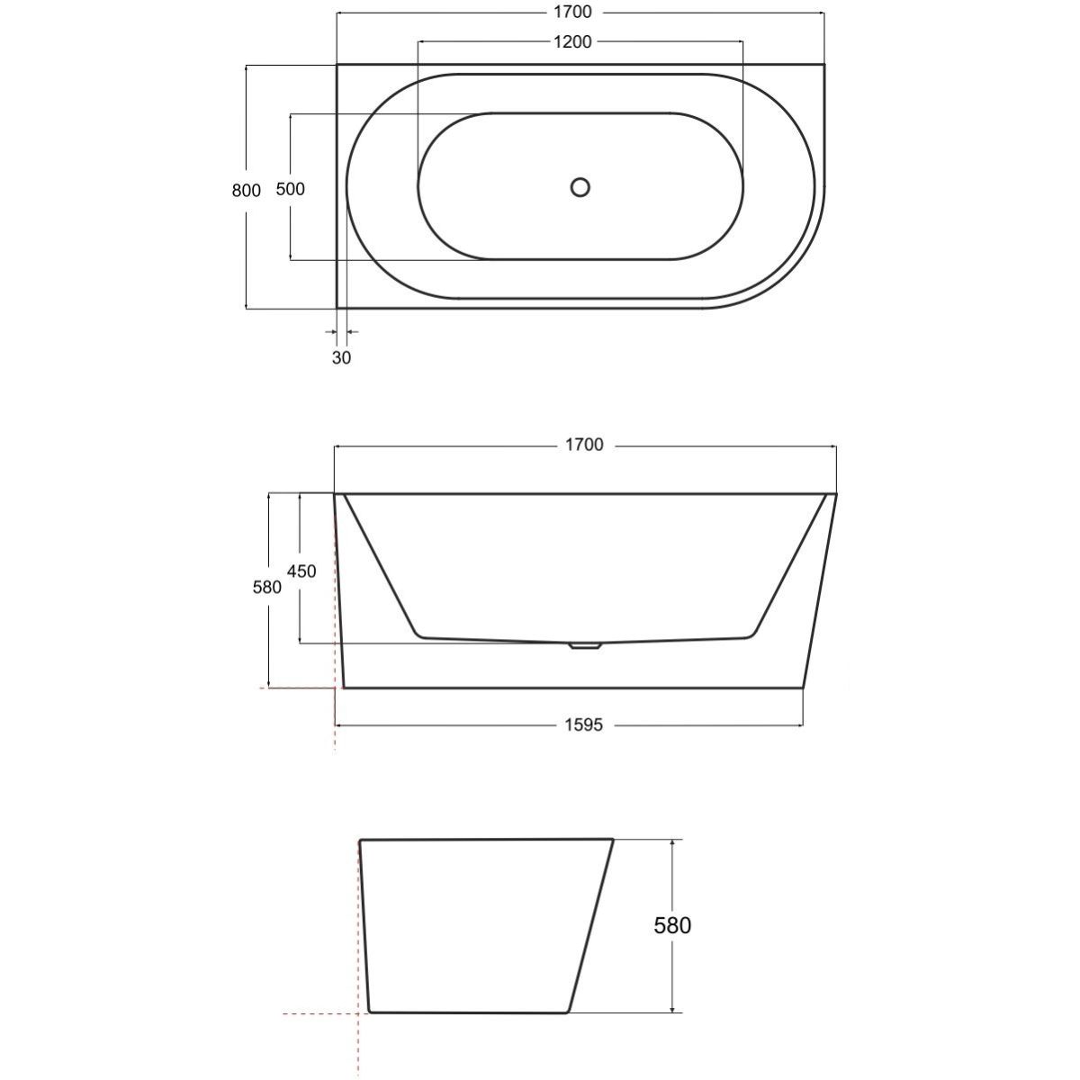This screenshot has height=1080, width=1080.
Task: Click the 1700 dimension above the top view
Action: (572, 12)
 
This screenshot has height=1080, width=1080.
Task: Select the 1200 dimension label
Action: (572, 42)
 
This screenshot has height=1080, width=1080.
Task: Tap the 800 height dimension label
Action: (247, 191)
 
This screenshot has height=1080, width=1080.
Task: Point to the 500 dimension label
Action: (291, 189)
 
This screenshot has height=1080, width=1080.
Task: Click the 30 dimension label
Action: (341, 357)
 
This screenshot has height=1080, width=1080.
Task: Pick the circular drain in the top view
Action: (580, 187)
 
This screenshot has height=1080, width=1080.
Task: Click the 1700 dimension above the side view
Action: (585, 445)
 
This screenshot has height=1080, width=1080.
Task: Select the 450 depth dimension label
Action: (301, 571)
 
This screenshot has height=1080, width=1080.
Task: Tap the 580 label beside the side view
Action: (266, 588)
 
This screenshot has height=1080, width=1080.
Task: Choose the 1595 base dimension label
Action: (584, 725)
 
